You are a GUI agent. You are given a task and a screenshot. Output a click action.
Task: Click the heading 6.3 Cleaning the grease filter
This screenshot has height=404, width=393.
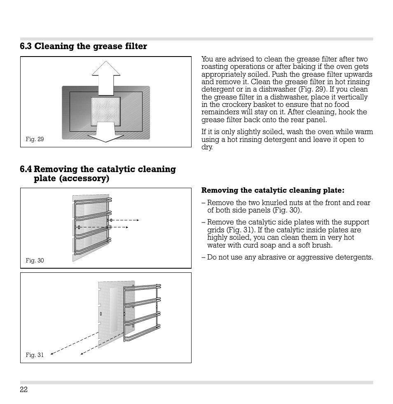83,46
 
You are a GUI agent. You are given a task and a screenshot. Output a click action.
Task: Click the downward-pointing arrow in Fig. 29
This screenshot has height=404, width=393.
106,135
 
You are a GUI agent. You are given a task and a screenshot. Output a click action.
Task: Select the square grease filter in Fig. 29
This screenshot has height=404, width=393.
106,111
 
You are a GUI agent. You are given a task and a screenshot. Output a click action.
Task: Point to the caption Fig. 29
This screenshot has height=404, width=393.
35,139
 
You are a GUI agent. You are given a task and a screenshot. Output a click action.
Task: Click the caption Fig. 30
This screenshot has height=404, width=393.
35,260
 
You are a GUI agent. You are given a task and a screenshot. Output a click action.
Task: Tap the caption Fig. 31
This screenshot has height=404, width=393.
35,355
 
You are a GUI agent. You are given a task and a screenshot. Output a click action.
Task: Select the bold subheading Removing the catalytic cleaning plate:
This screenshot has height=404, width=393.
272,190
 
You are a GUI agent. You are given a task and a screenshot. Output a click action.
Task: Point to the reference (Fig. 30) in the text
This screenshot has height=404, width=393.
287,210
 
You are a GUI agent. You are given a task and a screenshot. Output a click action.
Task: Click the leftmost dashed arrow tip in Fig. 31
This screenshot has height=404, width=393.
51,353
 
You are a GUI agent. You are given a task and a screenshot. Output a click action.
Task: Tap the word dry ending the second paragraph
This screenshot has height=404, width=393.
206,147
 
